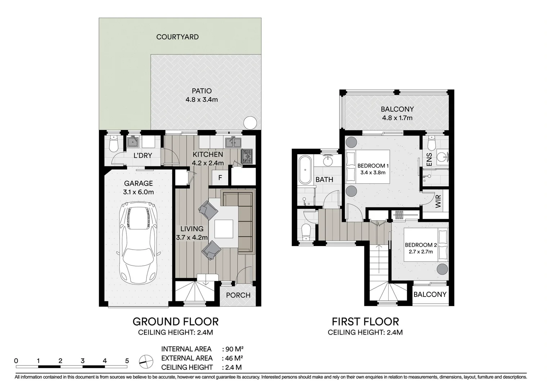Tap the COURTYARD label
coord(177,37)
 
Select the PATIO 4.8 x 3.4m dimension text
coord(202,100)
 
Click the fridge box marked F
coord(220,178)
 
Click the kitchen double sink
coord(233,143)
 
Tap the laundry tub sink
coord(134,142)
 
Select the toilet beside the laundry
coord(113,144)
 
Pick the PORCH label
coord(238,295)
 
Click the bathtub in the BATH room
coord(305,170)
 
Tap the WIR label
coord(438,202)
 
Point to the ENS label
coord(429,160)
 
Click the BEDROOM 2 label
coord(421,245)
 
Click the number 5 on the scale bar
coord(127,361)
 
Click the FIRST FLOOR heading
coord(365,321)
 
